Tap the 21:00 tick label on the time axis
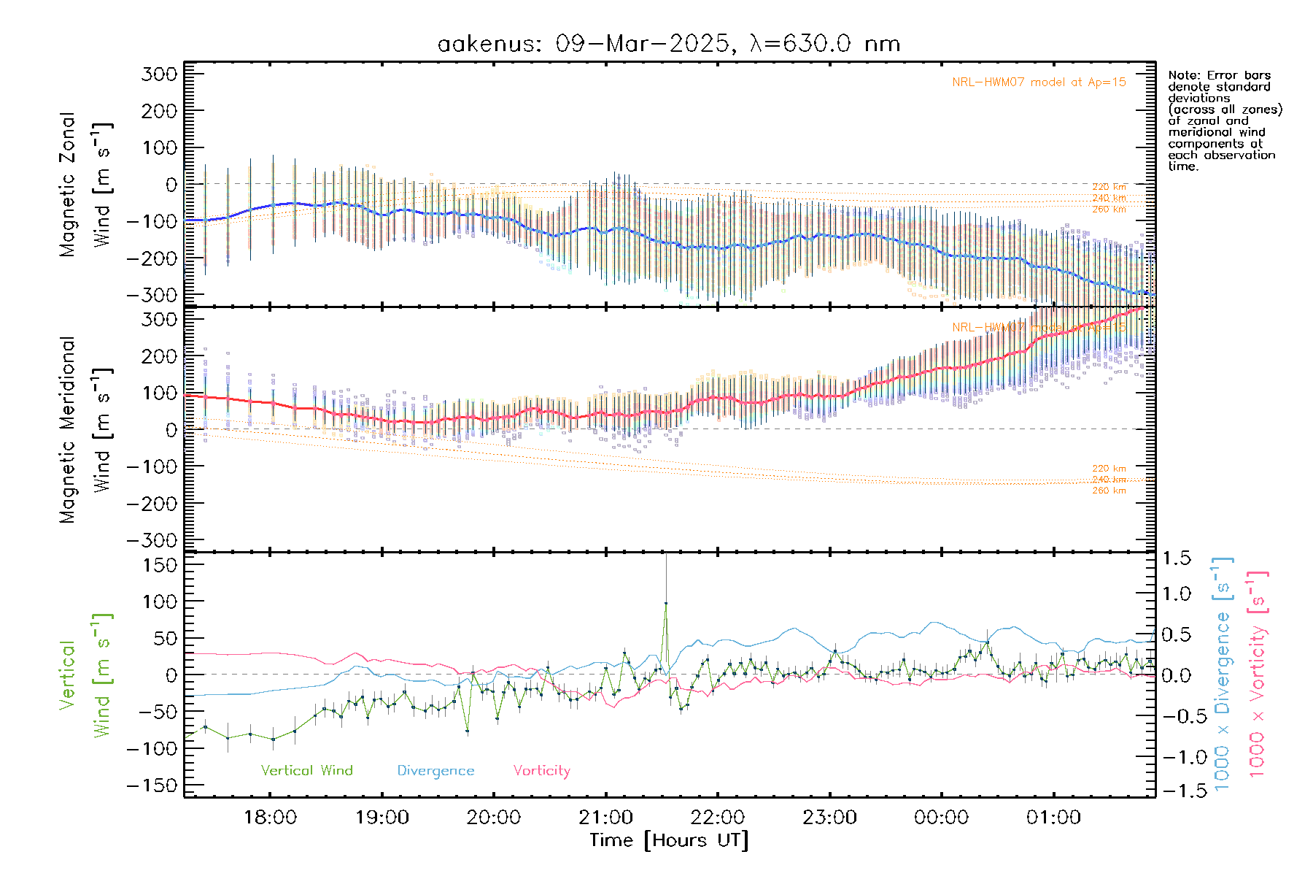point(605,818)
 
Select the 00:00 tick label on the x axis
point(941,818)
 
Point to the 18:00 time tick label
point(270,818)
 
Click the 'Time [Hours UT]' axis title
point(668,840)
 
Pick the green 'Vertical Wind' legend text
point(306,771)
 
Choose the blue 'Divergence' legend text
point(435,771)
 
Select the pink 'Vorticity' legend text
point(541,771)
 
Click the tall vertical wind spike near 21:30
point(665,603)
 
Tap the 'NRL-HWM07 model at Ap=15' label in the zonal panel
point(1039,82)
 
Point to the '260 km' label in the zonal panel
point(1109,210)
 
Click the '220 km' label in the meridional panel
point(1109,469)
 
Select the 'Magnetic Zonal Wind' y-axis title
point(85,184)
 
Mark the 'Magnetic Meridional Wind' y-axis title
point(85,429)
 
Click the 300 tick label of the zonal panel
point(159,74)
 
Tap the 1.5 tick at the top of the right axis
point(1177,558)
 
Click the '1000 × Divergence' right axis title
point(1223,673)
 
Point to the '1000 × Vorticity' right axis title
point(1257,673)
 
